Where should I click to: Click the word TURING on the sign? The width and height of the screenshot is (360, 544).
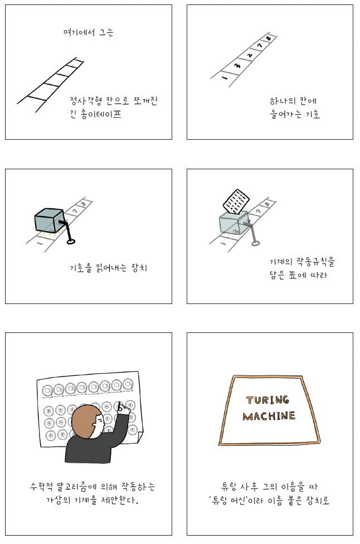click(267, 400)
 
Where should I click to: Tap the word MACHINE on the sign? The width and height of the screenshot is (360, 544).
click(269, 416)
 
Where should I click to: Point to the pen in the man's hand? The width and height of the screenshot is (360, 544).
click(120, 406)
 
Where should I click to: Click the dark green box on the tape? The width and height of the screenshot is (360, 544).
click(49, 220)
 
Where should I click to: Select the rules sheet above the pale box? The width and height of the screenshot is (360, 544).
click(236, 201)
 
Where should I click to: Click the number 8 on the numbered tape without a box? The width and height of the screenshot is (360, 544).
click(269, 38)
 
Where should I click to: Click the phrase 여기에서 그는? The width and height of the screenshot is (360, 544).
click(89, 32)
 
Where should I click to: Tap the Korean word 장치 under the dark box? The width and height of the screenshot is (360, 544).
click(139, 268)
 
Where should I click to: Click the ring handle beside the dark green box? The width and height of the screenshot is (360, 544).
click(71, 241)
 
